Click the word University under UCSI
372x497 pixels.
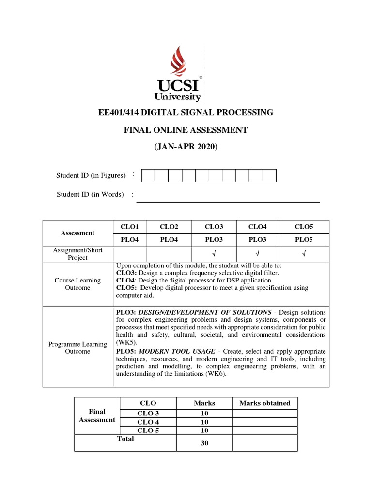click(x=177, y=97)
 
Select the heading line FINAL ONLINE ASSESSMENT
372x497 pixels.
click(x=186, y=130)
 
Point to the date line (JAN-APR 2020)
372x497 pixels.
click(x=186, y=146)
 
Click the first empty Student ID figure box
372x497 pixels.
click(x=148, y=175)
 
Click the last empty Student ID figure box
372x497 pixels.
click(x=269, y=175)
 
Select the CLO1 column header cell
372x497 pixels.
click(x=129, y=227)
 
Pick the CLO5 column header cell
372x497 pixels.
click(x=303, y=227)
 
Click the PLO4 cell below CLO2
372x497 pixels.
click(x=169, y=240)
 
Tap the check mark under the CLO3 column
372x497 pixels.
click(x=214, y=253)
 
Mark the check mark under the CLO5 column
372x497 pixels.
click(x=303, y=253)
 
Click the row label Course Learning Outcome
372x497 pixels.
click(x=77, y=284)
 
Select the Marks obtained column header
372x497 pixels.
click(x=264, y=403)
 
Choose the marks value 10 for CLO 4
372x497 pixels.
click(x=204, y=422)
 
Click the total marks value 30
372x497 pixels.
click(x=204, y=443)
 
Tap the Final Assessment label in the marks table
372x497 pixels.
click(x=97, y=416)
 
